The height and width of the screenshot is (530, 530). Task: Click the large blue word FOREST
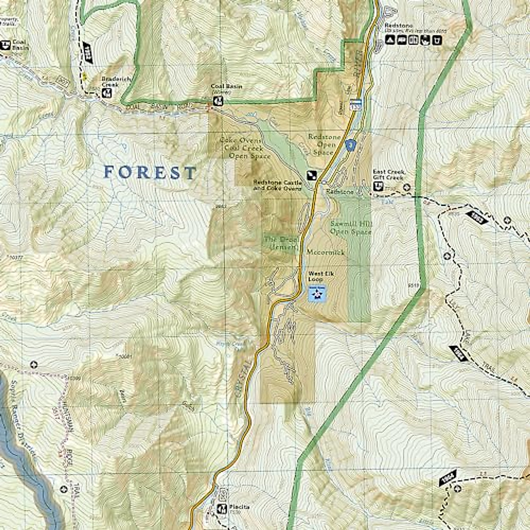click(x=150, y=172)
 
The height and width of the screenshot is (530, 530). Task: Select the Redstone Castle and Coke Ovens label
click(x=277, y=185)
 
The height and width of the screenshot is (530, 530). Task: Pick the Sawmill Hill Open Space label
click(x=351, y=227)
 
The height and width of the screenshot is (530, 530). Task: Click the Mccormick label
click(x=326, y=252)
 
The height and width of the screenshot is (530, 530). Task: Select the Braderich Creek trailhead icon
click(x=106, y=93)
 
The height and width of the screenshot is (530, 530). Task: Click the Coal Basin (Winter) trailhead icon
click(x=218, y=101)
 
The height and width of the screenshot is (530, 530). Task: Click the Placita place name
click(x=239, y=507)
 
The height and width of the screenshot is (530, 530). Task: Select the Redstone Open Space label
click(x=325, y=144)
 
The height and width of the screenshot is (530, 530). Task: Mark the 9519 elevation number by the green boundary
click(x=413, y=285)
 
